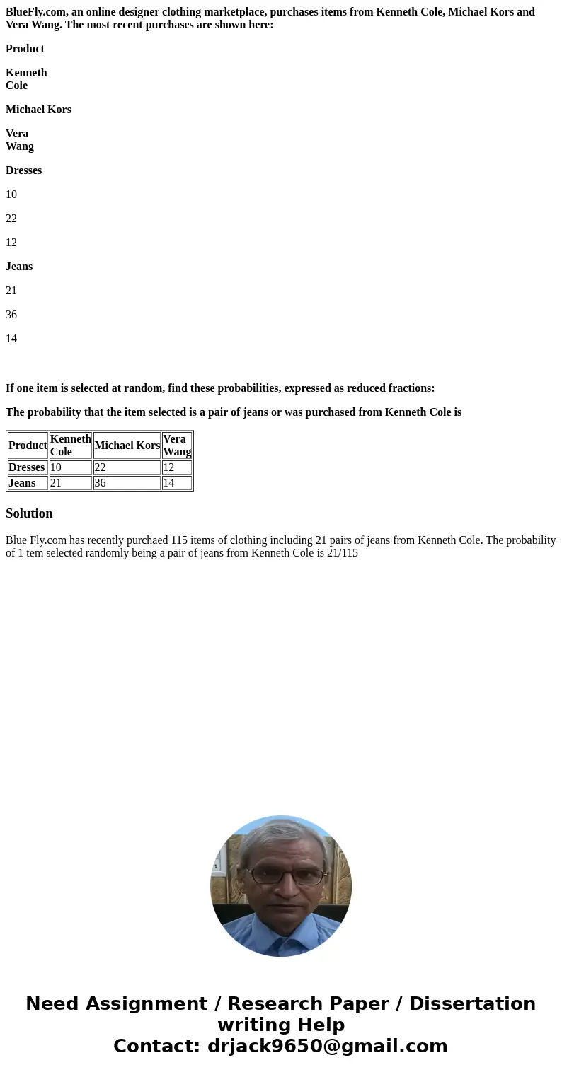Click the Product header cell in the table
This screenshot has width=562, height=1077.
(28, 446)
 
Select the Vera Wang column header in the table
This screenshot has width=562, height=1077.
(177, 446)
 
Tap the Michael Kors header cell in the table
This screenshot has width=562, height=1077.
(127, 446)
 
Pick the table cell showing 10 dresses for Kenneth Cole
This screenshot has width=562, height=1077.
(70, 467)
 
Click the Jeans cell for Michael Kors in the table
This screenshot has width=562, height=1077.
(127, 483)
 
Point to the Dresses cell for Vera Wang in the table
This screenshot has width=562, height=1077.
(177, 467)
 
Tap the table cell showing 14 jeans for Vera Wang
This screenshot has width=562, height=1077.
(177, 483)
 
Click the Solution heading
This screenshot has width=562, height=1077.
(29, 513)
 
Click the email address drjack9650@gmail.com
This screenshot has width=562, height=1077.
(327, 1047)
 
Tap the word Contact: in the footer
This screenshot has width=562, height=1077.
(156, 1047)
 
